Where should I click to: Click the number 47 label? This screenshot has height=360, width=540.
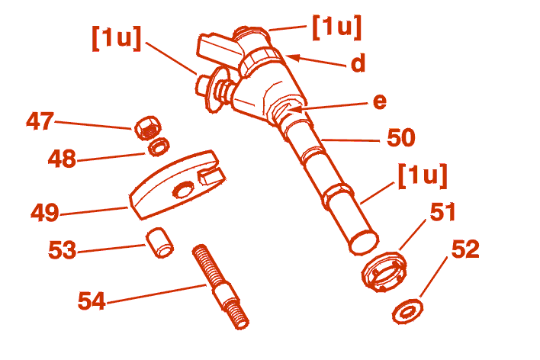coord(40,121)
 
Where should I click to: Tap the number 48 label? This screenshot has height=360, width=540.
coord(62,159)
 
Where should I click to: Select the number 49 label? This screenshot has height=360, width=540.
coord(45,212)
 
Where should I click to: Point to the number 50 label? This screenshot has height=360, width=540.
coord(401,137)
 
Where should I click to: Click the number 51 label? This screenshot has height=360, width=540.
coord(443,212)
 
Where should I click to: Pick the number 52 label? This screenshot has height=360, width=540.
coord(465,249)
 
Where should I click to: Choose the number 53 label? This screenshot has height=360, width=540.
coord(63,249)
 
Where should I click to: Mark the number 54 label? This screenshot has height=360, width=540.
coord(92,301)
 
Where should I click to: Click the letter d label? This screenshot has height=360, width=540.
coord(358,63)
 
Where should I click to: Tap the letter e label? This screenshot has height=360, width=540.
coord(380,102)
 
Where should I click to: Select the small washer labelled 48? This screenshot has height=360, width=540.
coord(159,146)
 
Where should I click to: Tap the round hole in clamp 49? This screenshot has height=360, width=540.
coord(183,189)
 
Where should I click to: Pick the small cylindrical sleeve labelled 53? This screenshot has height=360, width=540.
coord(159,243)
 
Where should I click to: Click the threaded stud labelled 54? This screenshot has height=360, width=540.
coord(220,287)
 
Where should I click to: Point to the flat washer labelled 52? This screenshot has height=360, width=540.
coord(408,311)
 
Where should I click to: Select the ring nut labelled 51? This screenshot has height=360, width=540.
coord(384,272)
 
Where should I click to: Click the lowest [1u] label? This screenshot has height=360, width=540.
coord(423,176)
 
